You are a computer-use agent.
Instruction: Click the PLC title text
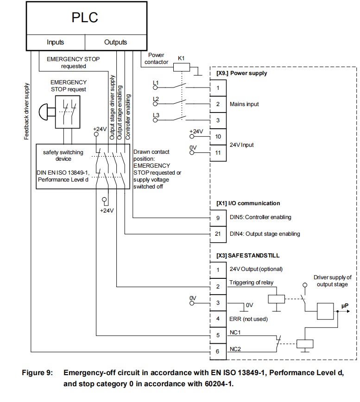point(85,18)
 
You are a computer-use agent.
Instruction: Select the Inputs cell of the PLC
point(55,42)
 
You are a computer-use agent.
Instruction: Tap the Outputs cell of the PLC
point(115,42)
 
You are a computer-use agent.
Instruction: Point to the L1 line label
point(156,83)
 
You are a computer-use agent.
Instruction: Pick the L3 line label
point(156,115)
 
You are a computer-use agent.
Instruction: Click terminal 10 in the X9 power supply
point(218,137)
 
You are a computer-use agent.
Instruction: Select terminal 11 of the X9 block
point(218,152)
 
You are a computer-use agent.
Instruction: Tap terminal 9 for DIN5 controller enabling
point(218,217)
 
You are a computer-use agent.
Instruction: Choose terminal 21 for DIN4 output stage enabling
point(218,234)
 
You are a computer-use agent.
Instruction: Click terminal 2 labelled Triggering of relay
point(218,287)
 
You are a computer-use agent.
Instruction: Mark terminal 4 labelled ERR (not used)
point(218,319)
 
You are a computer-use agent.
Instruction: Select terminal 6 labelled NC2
point(218,352)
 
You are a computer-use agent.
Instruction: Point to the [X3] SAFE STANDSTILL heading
point(248,256)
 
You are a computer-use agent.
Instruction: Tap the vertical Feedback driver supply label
point(27,111)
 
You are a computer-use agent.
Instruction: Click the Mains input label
point(244,104)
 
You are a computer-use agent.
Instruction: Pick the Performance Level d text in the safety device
point(63,179)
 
